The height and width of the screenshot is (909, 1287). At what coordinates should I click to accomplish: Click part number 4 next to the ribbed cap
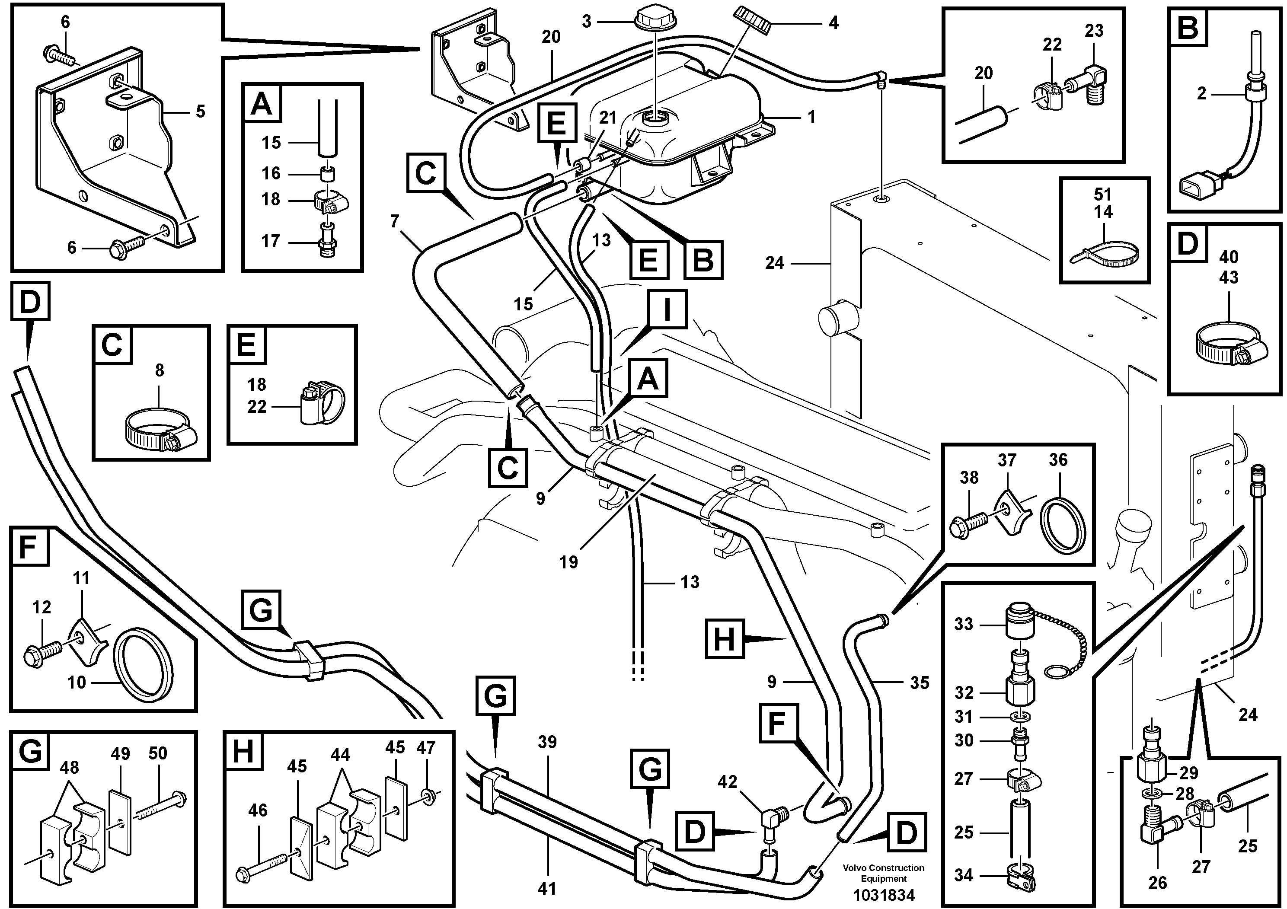[833, 23]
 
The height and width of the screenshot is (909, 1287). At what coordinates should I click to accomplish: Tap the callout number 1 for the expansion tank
[811, 117]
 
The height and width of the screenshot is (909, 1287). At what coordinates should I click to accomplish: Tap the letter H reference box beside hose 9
[724, 638]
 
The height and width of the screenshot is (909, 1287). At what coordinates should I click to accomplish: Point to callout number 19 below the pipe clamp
[568, 562]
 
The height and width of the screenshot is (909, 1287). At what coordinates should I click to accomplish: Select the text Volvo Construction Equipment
[883, 873]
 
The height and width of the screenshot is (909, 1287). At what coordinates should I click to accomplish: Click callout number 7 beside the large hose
[395, 222]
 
